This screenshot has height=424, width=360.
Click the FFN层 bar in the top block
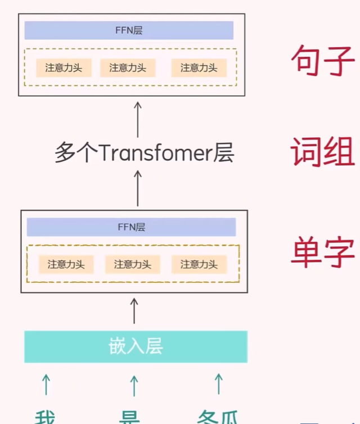point(129,30)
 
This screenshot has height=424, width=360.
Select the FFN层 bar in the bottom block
point(131,227)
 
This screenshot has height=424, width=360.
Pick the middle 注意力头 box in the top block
point(128,68)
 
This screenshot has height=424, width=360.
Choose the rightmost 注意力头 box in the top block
point(199,68)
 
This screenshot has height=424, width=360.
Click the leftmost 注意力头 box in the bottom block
point(66,264)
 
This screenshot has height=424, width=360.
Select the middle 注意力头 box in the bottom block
point(132,264)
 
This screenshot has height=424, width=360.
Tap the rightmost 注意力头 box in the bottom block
point(199,264)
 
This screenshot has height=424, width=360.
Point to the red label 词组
point(322,152)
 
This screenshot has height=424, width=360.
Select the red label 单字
point(322,252)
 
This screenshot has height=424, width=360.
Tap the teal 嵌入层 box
point(136,346)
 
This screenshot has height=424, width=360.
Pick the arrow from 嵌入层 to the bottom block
point(134,311)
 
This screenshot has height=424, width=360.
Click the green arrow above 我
point(46,385)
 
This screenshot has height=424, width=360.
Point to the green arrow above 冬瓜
point(218,385)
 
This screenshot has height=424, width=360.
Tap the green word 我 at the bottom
point(46,418)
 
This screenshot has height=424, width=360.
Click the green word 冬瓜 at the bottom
point(217,418)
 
